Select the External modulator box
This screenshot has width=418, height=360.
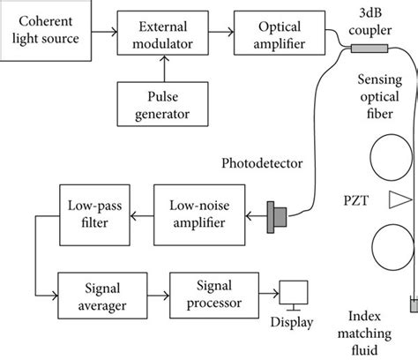coord(163,34)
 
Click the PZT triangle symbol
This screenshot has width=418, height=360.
coord(401,201)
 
